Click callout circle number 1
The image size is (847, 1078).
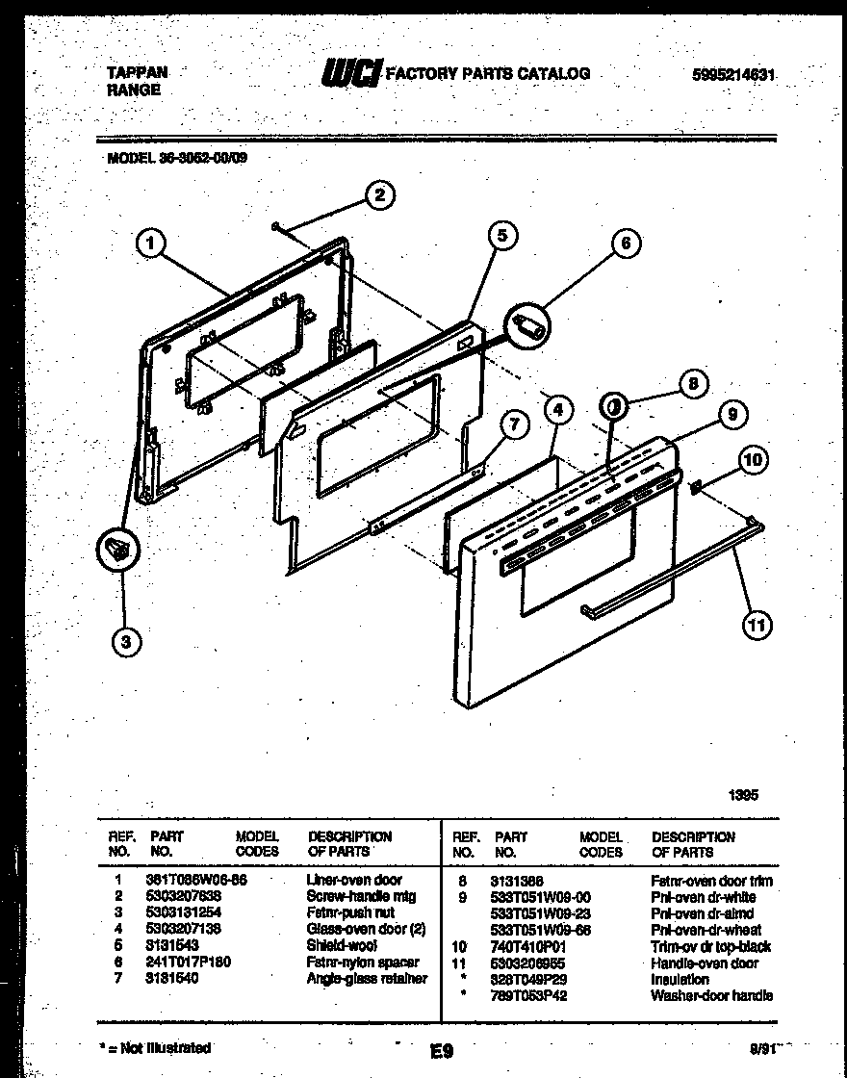(148, 245)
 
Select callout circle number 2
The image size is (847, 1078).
(379, 195)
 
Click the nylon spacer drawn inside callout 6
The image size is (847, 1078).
(528, 325)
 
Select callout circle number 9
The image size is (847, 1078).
(731, 415)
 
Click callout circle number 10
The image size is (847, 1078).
(753, 460)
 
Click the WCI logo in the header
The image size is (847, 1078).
(352, 72)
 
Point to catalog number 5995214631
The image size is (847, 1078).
(733, 74)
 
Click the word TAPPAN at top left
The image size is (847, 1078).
(136, 72)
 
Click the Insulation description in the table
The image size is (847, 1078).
(680, 979)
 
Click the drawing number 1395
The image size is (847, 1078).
(743, 795)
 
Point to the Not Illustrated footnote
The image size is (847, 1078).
(155, 1047)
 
